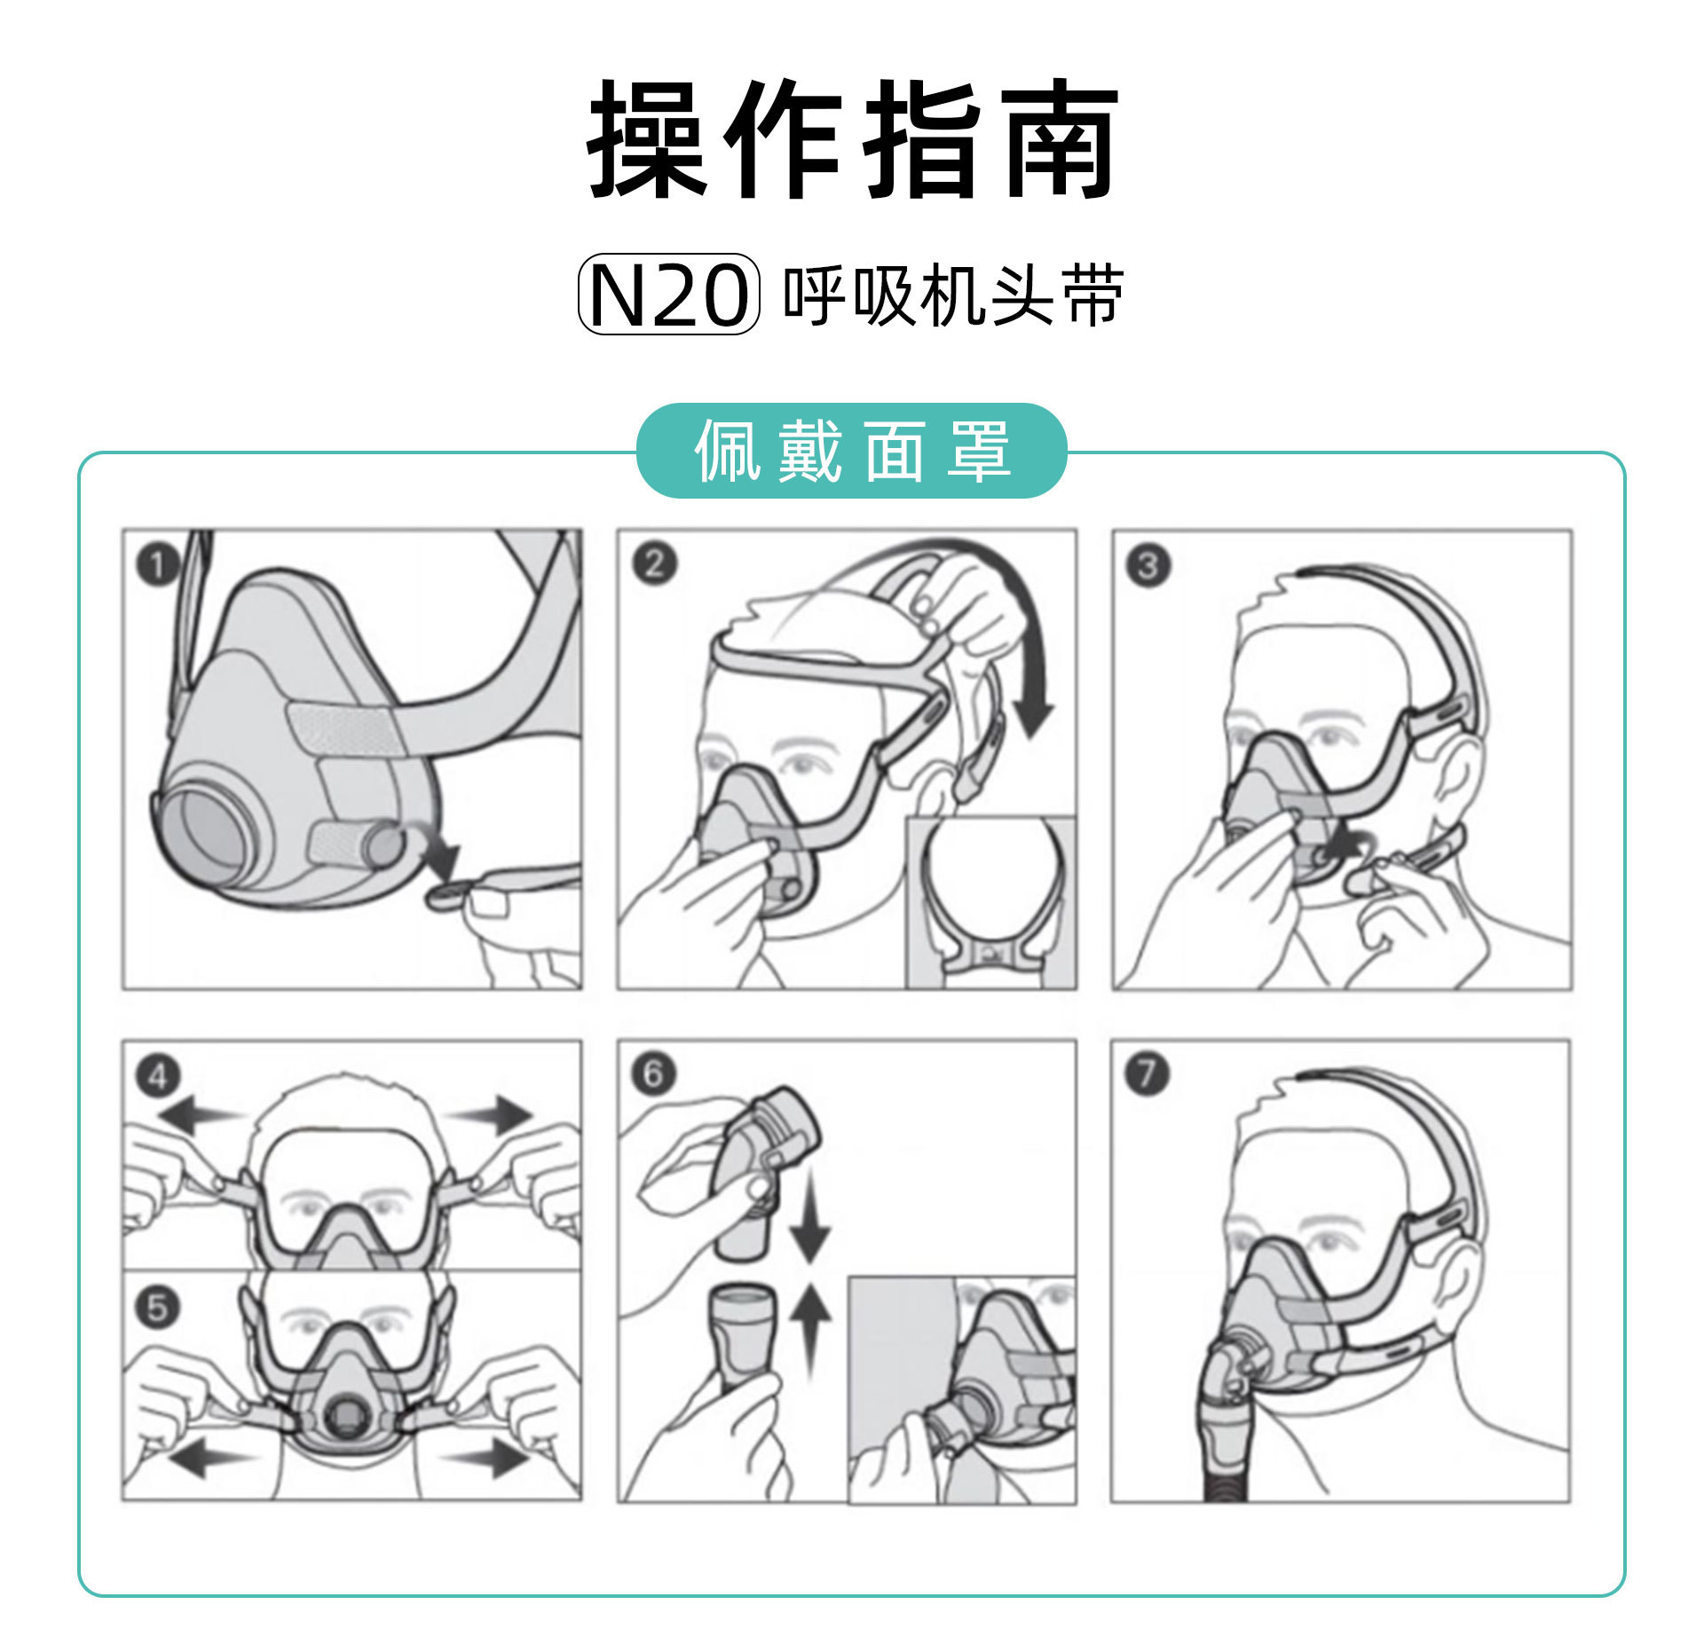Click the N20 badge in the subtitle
(x=668, y=295)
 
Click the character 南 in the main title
(x=1060, y=140)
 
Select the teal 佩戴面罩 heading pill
(x=852, y=452)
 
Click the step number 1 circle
(x=158, y=564)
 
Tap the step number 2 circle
(x=654, y=564)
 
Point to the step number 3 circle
(x=1148, y=565)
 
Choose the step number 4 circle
(x=158, y=1076)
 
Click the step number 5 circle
(x=158, y=1307)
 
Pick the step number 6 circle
(x=653, y=1074)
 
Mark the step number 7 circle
(x=1147, y=1074)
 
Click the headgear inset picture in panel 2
(x=990, y=902)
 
